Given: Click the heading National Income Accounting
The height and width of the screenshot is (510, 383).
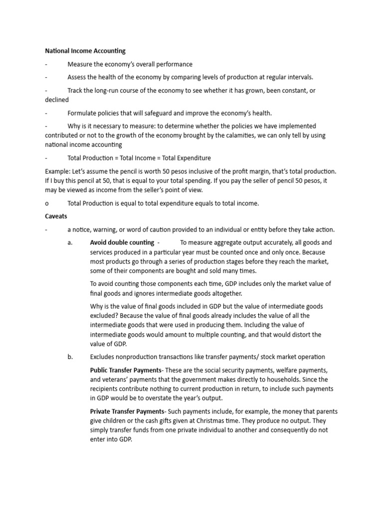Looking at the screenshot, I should (85, 51).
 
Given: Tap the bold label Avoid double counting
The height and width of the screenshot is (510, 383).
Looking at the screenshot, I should (122, 243).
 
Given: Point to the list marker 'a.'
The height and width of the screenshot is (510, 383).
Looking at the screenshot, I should (70, 243).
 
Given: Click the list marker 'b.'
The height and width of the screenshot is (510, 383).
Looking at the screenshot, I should (70, 357).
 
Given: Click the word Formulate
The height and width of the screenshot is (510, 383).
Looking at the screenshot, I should (83, 113).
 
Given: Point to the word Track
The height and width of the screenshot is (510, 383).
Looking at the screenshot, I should (76, 91).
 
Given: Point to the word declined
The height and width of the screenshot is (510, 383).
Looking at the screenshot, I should (57, 100).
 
